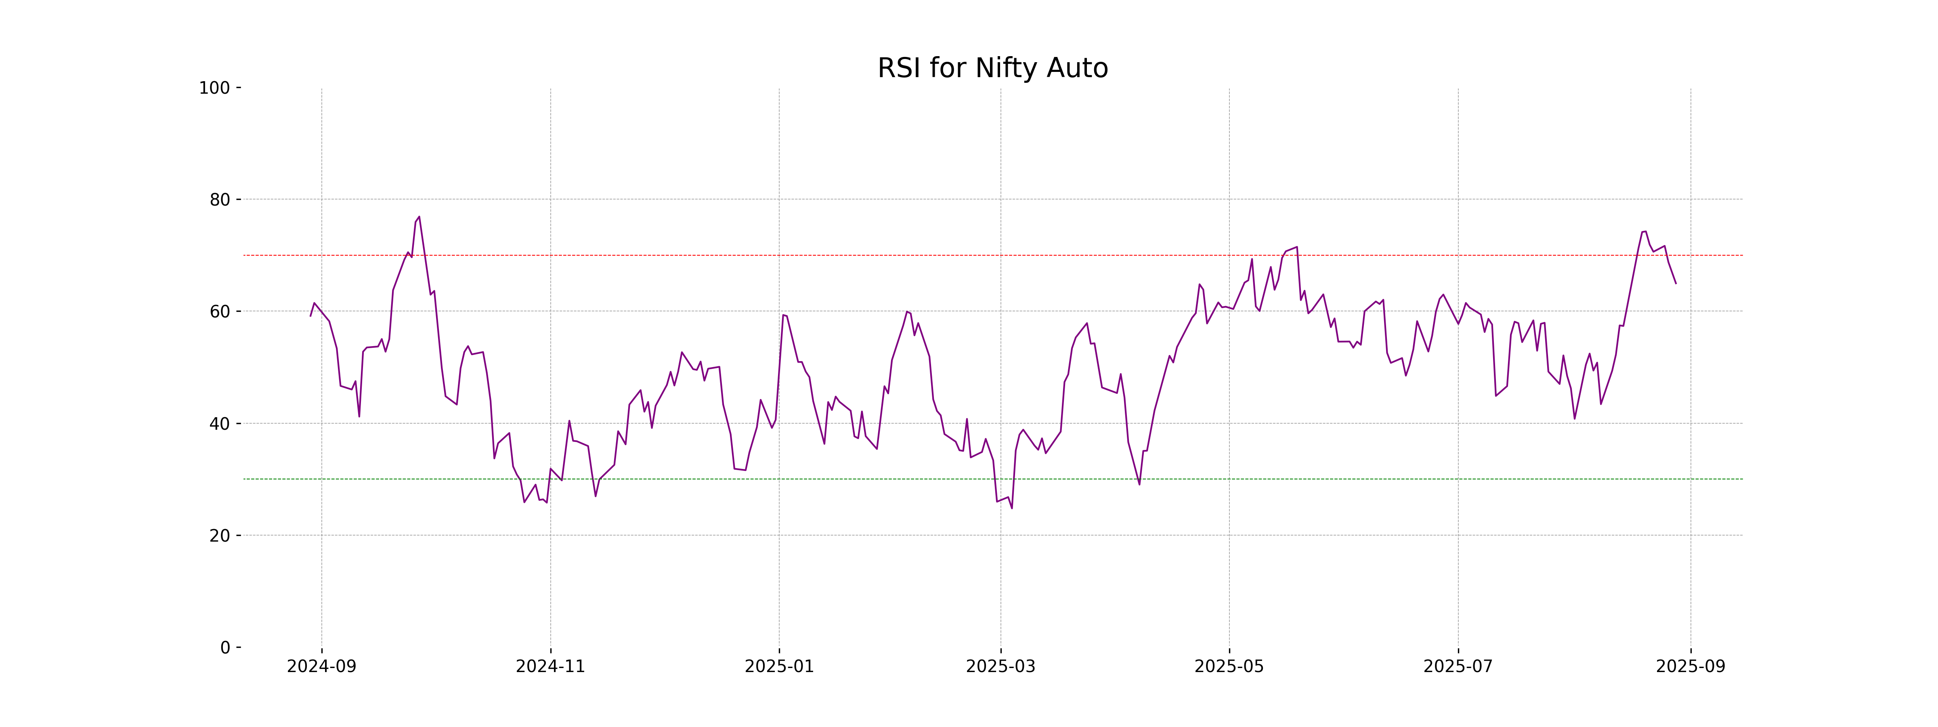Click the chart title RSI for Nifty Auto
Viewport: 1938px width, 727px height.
[992, 69]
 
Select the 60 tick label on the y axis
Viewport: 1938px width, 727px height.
[220, 311]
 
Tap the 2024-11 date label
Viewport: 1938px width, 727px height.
[550, 667]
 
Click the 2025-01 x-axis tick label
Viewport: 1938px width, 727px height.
[779, 667]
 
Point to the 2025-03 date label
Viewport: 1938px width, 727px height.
[1000, 667]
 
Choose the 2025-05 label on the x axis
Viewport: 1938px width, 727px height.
[1229, 667]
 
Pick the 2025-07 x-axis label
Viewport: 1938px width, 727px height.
[1458, 667]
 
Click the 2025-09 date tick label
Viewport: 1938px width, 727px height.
[1691, 667]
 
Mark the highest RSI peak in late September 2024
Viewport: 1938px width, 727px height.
[419, 217]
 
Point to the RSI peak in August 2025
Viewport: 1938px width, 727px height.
[1645, 231]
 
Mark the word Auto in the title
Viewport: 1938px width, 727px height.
[1080, 69]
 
